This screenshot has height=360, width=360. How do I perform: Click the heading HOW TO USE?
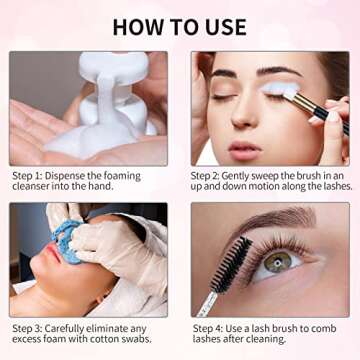click(180, 25)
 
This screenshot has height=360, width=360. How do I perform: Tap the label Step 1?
click(29, 176)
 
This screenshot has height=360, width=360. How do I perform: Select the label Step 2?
click(212, 176)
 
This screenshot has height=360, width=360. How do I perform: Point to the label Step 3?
click(29, 327)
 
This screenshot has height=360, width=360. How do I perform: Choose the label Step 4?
click(212, 327)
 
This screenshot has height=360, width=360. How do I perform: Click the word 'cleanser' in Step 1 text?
click(37, 189)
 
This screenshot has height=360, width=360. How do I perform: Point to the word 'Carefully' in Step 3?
click(75, 327)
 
